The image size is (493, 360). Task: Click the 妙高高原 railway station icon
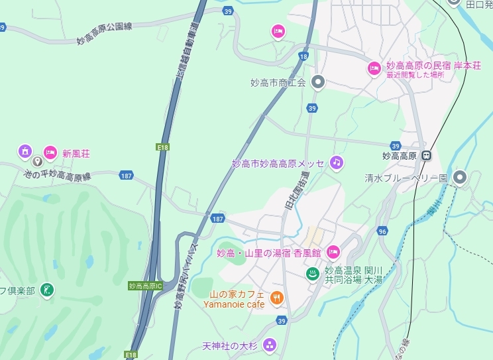click(427, 156)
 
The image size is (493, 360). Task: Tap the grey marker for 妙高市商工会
click(318, 82)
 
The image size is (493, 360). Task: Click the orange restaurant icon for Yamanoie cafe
click(277, 299)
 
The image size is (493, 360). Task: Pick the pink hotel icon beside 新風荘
click(50, 153)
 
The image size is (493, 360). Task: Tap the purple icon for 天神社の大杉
click(269, 345)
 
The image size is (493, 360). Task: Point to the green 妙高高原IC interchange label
click(146, 286)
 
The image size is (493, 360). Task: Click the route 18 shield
click(303, 57)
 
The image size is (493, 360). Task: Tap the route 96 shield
click(382, 231)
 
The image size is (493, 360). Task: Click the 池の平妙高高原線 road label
click(56, 176)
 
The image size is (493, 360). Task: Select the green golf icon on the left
click(47, 290)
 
